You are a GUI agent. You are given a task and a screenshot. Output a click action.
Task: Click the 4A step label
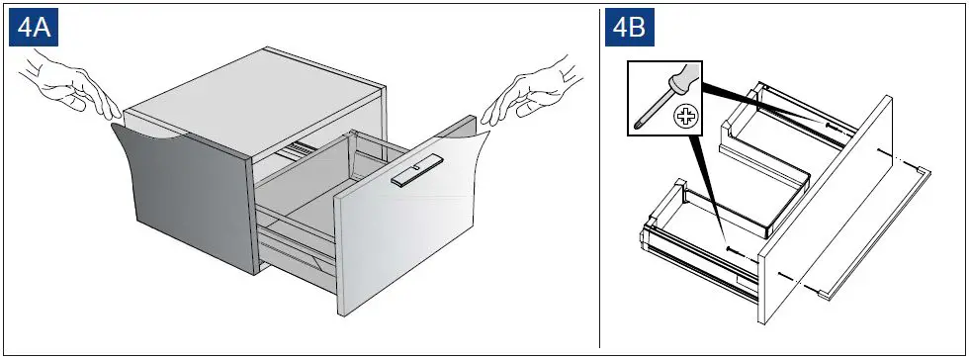[x=35, y=28]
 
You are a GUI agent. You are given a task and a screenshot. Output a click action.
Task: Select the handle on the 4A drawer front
[x=413, y=176]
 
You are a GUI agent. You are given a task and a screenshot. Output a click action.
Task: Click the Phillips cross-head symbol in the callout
[x=683, y=118]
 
